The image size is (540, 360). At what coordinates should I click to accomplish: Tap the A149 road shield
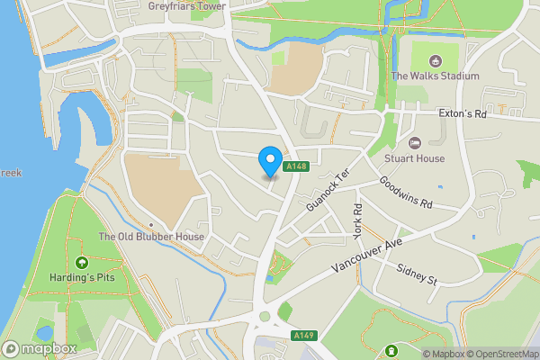(303, 335)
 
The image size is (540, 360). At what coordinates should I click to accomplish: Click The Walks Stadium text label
(436, 76)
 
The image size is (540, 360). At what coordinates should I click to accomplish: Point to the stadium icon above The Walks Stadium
(436, 60)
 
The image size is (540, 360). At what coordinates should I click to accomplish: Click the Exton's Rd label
(462, 115)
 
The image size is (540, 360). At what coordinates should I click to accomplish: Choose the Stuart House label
(415, 158)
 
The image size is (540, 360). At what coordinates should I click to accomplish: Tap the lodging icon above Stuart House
(415, 143)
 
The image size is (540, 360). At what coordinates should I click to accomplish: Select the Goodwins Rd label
(407, 192)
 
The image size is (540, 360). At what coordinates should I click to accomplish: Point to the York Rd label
(357, 220)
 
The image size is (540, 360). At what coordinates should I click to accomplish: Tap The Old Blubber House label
(151, 237)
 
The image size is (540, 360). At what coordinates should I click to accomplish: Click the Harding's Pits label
(81, 278)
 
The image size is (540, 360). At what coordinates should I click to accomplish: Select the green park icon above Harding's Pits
(81, 263)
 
